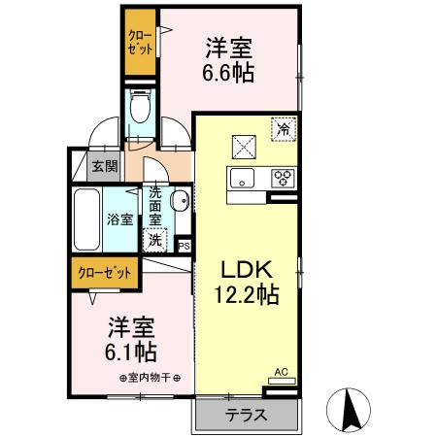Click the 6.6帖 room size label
pos(229,73)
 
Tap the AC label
pos(281,371)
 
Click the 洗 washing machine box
pos(155,238)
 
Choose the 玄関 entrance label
pos(105,165)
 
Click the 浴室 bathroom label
pos(119,219)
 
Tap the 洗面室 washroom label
pos(155,205)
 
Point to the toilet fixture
pos(142,109)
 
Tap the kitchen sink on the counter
pos(241,178)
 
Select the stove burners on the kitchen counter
pos(283,178)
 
